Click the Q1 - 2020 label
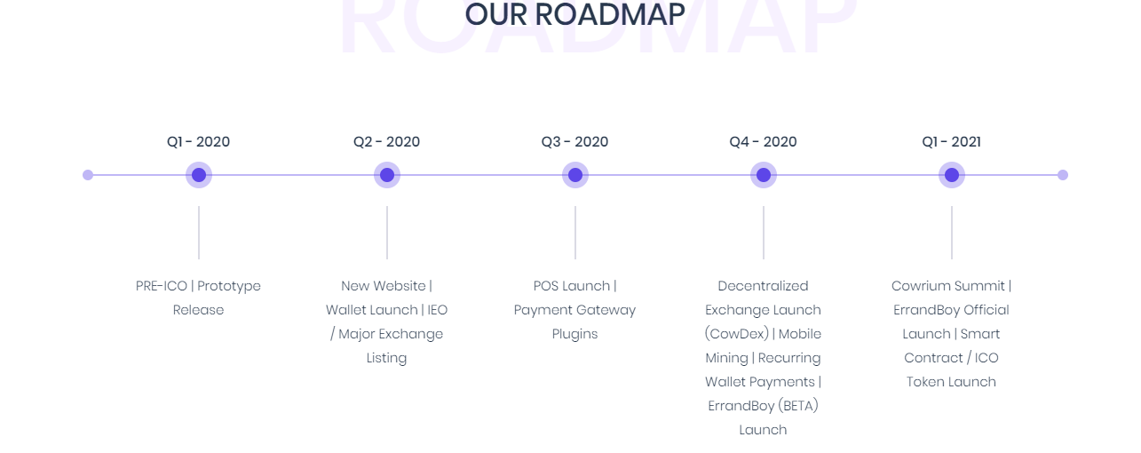pyautogui.click(x=198, y=141)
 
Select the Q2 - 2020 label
pyautogui.click(x=386, y=141)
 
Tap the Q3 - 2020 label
pyautogui.click(x=574, y=141)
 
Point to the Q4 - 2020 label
pyautogui.click(x=763, y=141)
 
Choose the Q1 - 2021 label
pyautogui.click(x=951, y=141)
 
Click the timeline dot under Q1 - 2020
pyautogui.click(x=199, y=175)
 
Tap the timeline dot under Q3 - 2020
pyautogui.click(x=575, y=175)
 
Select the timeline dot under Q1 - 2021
pyautogui.click(x=952, y=175)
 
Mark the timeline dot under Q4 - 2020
pyautogui.click(x=763, y=175)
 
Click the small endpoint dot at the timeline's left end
pyautogui.click(x=88, y=175)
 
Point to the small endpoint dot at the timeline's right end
pyautogui.click(x=1063, y=175)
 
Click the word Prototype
pyautogui.click(x=229, y=286)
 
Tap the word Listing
pyautogui.click(x=386, y=358)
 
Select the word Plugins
pyautogui.click(x=575, y=334)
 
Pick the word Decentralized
pyautogui.click(x=763, y=286)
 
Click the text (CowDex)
pyautogui.click(x=737, y=334)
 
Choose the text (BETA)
pyautogui.click(x=798, y=406)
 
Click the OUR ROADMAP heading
pyautogui.click(x=575, y=14)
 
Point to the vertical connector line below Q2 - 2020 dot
pyautogui.click(x=387, y=233)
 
